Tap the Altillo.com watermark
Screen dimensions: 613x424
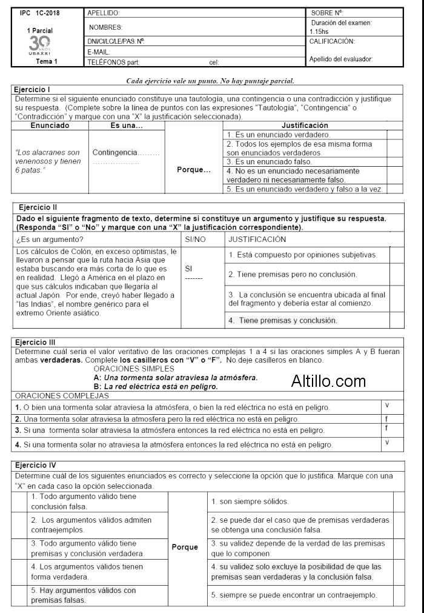(x=328, y=381)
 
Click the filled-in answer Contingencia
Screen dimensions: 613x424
(x=115, y=152)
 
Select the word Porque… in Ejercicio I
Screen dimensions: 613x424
(x=193, y=169)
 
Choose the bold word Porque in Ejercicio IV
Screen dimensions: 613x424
(x=185, y=547)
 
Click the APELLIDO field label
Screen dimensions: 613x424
(x=104, y=13)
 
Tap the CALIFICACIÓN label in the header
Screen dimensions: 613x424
(x=332, y=41)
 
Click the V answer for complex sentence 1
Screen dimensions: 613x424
(x=386, y=404)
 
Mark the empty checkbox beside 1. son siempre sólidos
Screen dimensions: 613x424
(x=398, y=501)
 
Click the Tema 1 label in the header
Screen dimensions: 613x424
(x=47, y=61)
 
